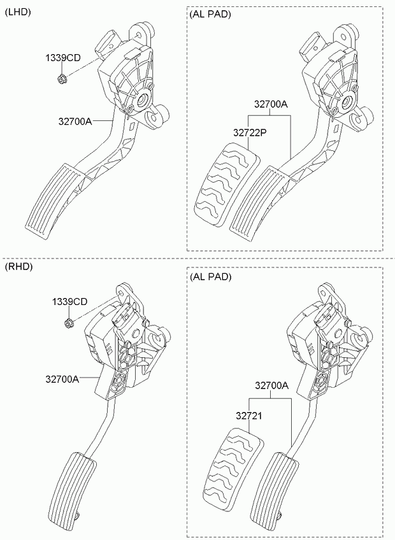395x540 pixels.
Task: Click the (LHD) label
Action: pos(18,12)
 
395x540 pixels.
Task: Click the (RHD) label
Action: pos(18,267)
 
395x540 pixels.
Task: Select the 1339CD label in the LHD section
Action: pos(63,58)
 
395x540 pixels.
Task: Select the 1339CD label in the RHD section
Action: pos(70,302)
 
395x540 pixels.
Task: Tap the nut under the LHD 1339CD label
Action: pos(62,79)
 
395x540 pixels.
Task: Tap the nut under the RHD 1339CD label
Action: pos(69,323)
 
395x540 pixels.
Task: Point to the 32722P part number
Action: pos(250,132)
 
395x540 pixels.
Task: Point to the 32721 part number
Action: pos(249,416)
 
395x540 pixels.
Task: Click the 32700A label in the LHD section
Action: pos(75,121)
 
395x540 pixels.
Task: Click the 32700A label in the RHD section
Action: pos(62,379)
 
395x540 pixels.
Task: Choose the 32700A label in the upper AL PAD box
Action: pos(271,104)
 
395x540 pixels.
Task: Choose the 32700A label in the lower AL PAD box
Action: pos(271,386)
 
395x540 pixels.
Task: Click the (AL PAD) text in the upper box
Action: pos(210,15)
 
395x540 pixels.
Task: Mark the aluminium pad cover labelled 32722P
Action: pos(227,185)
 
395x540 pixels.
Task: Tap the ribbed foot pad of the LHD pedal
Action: pos(55,201)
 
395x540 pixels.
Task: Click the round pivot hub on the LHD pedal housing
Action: pos(141,101)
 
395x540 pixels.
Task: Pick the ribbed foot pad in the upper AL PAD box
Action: pos(259,203)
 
